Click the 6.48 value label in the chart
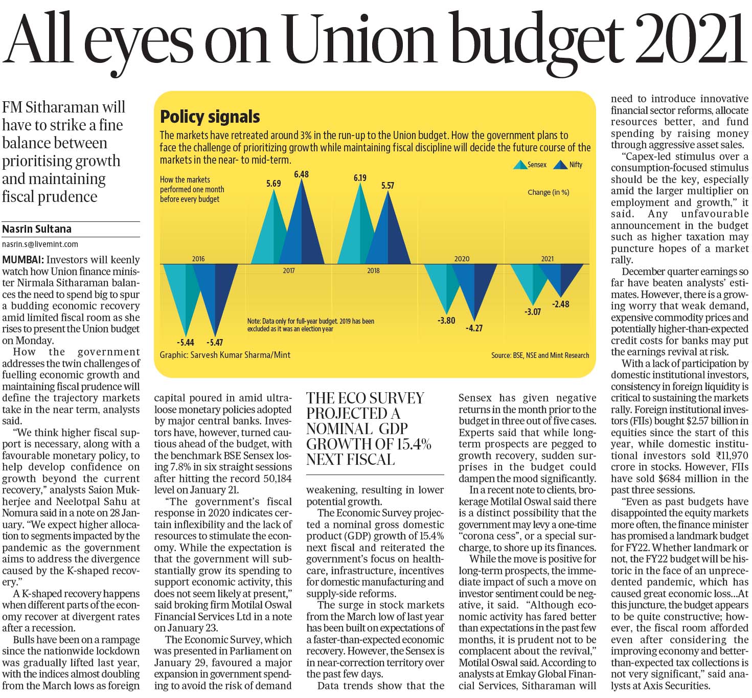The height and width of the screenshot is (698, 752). pyautogui.click(x=301, y=174)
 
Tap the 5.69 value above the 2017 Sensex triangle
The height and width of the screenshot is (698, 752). pyautogui.click(x=274, y=184)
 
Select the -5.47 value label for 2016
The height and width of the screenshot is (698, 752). pyautogui.click(x=215, y=343)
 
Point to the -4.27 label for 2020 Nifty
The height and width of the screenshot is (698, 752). pyautogui.click(x=474, y=328)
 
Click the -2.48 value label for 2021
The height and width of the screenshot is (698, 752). pyautogui.click(x=561, y=304)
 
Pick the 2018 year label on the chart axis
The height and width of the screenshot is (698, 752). pyautogui.click(x=373, y=271)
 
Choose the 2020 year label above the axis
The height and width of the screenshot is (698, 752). pyautogui.click(x=462, y=259)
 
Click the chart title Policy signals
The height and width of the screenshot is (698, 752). pyautogui.click(x=210, y=117)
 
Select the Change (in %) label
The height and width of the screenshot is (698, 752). pyautogui.click(x=548, y=193)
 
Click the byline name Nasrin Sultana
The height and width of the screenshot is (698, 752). pyautogui.click(x=37, y=229)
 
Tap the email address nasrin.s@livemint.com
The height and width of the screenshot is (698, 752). pyautogui.click(x=40, y=244)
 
